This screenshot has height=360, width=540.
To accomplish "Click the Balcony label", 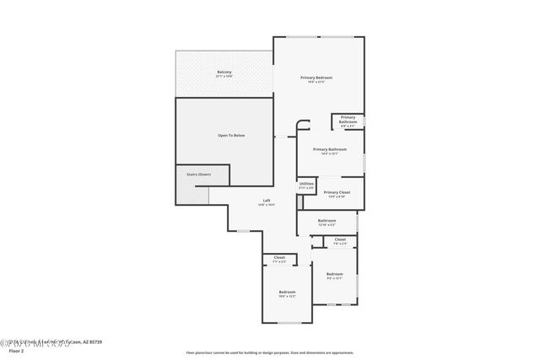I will point(224,72).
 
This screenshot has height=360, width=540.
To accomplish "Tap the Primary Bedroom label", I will point(317,78).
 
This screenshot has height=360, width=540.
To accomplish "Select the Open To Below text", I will point(230,135).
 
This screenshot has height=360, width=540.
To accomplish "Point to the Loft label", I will point(266,200).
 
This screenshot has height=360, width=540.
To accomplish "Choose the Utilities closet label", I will point(306,183).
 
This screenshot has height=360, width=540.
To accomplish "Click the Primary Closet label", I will point(337,191).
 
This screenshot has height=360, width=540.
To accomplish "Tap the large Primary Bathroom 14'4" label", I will point(330,149).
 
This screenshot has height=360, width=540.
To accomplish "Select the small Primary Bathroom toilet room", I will point(348,120).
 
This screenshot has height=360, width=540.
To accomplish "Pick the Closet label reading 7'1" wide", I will point(279,257).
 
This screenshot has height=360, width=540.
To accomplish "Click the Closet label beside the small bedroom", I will point(340,239).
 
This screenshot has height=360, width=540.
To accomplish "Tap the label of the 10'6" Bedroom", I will point(288,292).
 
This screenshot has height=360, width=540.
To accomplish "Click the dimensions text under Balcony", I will point(224,77).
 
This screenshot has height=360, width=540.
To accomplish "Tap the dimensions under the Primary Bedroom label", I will point(317,83).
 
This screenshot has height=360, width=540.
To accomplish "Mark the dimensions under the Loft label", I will point(266,205).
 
